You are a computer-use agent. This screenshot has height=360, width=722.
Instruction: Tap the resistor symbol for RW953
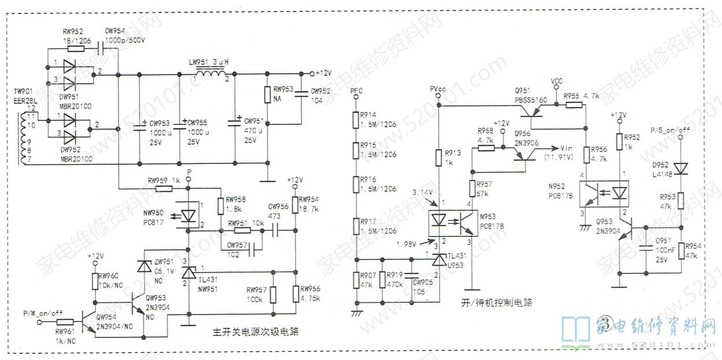tap(267, 95)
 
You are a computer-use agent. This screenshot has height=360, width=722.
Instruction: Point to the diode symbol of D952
tap(681, 168)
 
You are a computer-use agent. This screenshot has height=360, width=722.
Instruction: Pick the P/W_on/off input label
tap(43, 313)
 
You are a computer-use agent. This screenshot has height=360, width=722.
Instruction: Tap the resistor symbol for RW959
tap(164, 188)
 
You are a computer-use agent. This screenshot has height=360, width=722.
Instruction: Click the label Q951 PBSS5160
tap(531, 95)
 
